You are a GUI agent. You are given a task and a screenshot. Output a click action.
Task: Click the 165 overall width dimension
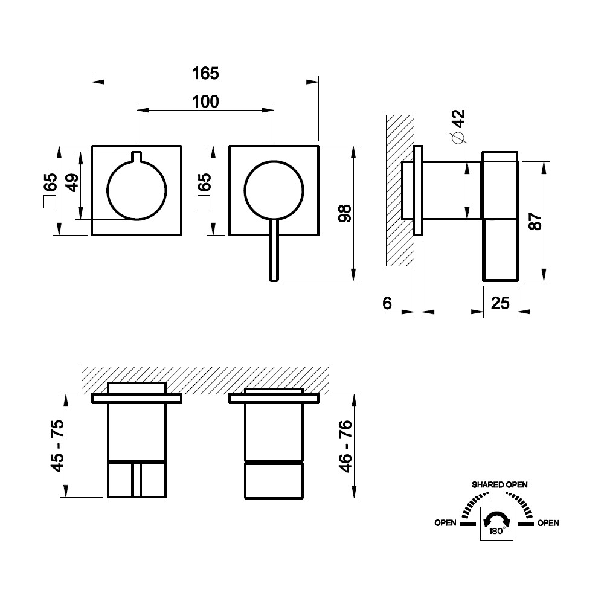(x=205, y=73)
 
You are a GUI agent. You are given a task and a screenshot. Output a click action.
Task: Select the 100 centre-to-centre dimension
(x=205, y=101)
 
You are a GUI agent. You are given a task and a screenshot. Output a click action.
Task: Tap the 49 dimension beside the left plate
(x=72, y=182)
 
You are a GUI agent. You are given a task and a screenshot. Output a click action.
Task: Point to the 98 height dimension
(x=345, y=213)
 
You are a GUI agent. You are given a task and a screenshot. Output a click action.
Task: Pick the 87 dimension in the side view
(x=535, y=221)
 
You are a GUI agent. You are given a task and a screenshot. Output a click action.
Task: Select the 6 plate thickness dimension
(x=387, y=303)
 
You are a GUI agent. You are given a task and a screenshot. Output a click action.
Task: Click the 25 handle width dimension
(x=500, y=303)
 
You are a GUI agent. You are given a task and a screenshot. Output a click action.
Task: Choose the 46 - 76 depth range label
(x=345, y=446)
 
